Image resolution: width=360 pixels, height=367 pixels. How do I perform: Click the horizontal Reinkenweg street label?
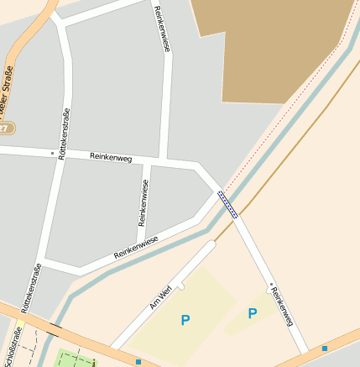click(x=111, y=157)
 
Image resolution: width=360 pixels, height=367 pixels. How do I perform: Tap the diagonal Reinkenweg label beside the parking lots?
click(x=282, y=304)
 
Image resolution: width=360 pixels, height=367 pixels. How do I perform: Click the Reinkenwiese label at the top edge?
click(x=162, y=29)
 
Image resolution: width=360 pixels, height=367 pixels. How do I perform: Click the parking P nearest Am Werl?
click(x=185, y=320)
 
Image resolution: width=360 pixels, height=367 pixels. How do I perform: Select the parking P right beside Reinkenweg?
click(x=253, y=314)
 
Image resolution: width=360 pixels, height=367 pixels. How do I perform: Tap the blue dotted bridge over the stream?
click(x=227, y=204)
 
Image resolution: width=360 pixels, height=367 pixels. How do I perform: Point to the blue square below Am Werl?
click(x=138, y=362)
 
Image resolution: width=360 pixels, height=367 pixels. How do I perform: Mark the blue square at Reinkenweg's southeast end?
click(x=325, y=347)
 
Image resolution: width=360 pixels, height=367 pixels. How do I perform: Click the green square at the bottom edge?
click(x=76, y=359)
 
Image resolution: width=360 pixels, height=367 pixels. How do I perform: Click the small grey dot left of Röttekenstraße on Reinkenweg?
click(x=52, y=154)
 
